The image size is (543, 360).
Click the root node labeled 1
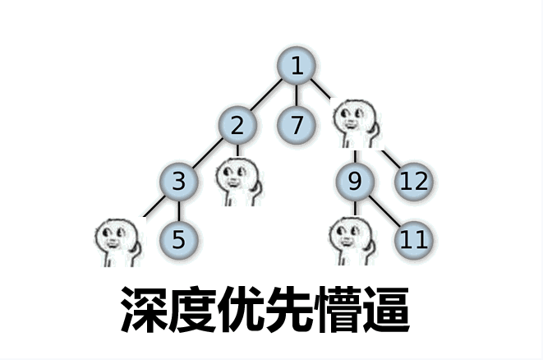click(297, 66)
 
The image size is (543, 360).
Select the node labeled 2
click(237, 125)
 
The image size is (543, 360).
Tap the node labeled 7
click(297, 125)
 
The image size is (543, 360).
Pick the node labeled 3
click(179, 182)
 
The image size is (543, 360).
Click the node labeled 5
click(179, 240)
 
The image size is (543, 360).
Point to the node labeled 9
click(355, 182)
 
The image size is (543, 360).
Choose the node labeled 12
click(414, 182)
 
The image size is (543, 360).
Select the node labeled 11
click(414, 240)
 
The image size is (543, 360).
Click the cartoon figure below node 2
click(238, 182)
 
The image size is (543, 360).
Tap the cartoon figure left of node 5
click(118, 242)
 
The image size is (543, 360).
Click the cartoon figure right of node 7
click(356, 123)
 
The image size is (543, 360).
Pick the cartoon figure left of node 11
click(352, 241)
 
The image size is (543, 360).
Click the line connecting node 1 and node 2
click(266, 95)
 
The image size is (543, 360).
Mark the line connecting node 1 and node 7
click(297, 95)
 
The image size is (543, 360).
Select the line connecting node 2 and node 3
click(208, 153)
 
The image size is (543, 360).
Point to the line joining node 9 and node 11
click(384, 210)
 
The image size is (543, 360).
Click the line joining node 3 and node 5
click(179, 210)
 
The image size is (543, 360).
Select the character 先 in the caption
click(289, 309)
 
